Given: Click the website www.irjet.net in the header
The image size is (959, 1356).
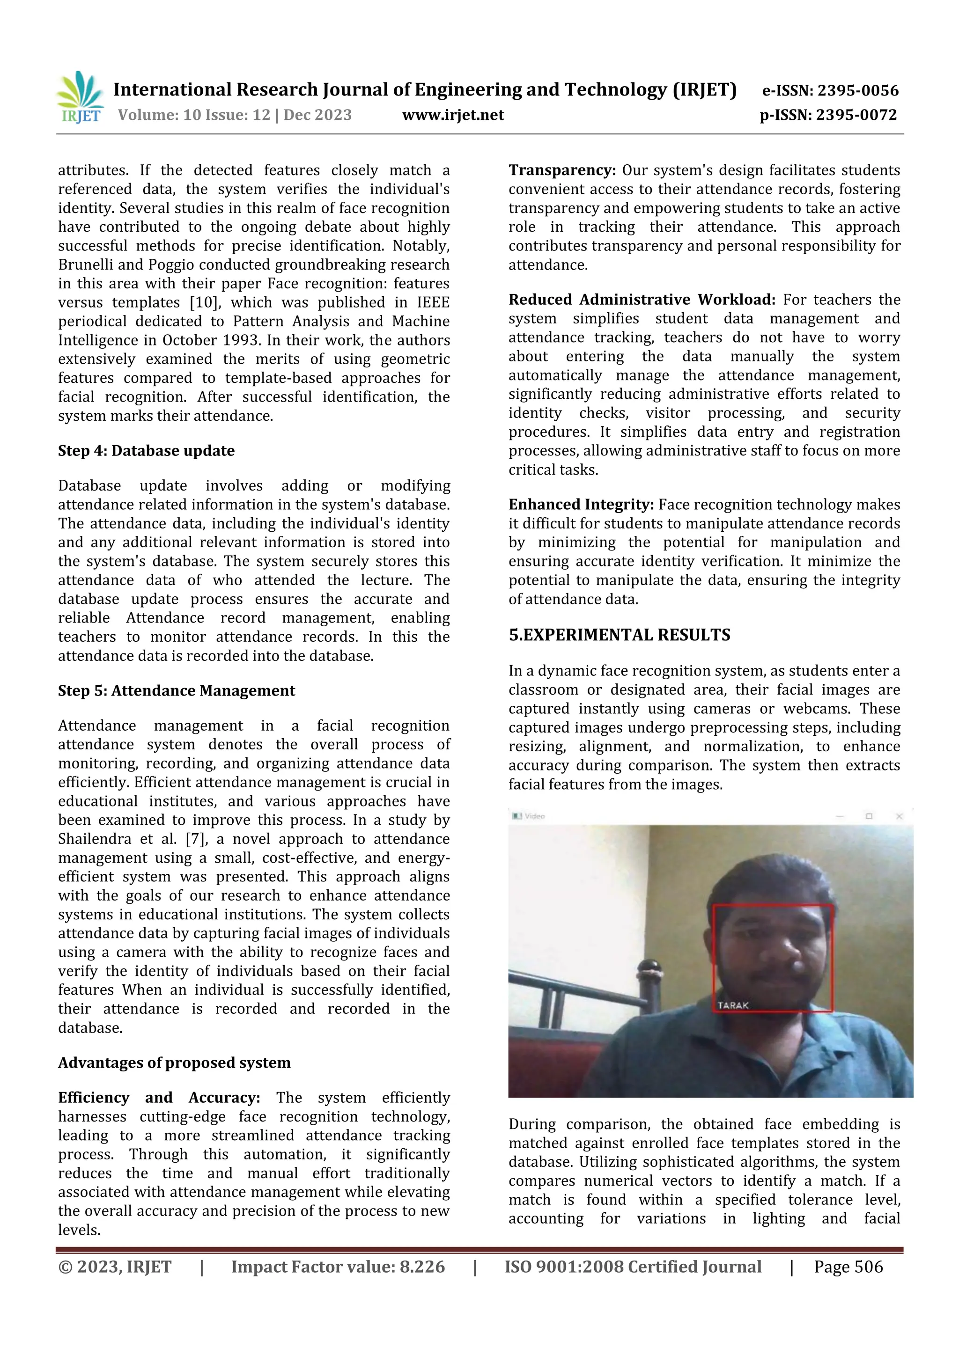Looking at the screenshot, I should click(x=453, y=115).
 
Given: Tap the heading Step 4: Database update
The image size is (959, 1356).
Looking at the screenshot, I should click(x=146, y=451).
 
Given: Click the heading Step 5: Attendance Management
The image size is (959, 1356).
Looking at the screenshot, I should click(x=176, y=690).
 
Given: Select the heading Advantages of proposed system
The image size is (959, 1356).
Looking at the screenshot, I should click(x=174, y=1063).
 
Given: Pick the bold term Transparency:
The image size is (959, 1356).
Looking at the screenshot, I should click(x=562, y=171).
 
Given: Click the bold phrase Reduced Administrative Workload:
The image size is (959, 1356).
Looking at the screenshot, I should click(x=642, y=300).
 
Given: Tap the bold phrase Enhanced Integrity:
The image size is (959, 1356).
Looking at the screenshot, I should click(x=581, y=505).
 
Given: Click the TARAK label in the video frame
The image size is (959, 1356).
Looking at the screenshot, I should click(x=733, y=1005).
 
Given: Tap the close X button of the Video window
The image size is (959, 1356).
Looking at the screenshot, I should click(x=899, y=816).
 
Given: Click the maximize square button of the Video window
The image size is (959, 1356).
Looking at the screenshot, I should click(x=869, y=816).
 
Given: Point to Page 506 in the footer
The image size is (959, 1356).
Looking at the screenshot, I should click(x=848, y=1267).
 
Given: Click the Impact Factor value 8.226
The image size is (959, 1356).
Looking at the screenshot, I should click(x=422, y=1267).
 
